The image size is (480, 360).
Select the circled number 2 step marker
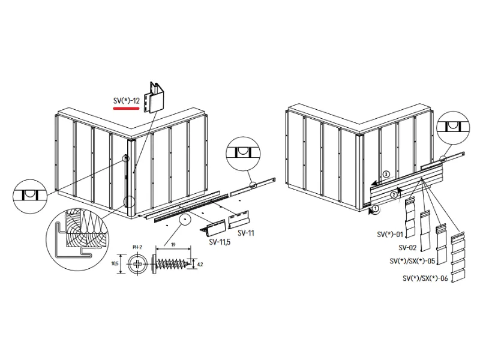[x=394, y=194]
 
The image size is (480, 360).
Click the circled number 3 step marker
[x=386, y=175]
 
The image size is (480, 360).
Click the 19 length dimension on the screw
[x=172, y=245]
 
